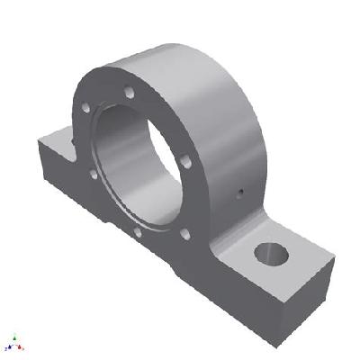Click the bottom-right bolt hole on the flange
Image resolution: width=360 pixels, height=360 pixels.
tap(184, 234)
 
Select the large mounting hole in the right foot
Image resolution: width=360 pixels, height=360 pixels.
tap(270, 253)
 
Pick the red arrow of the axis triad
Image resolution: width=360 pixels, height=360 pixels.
tap(20, 347)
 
